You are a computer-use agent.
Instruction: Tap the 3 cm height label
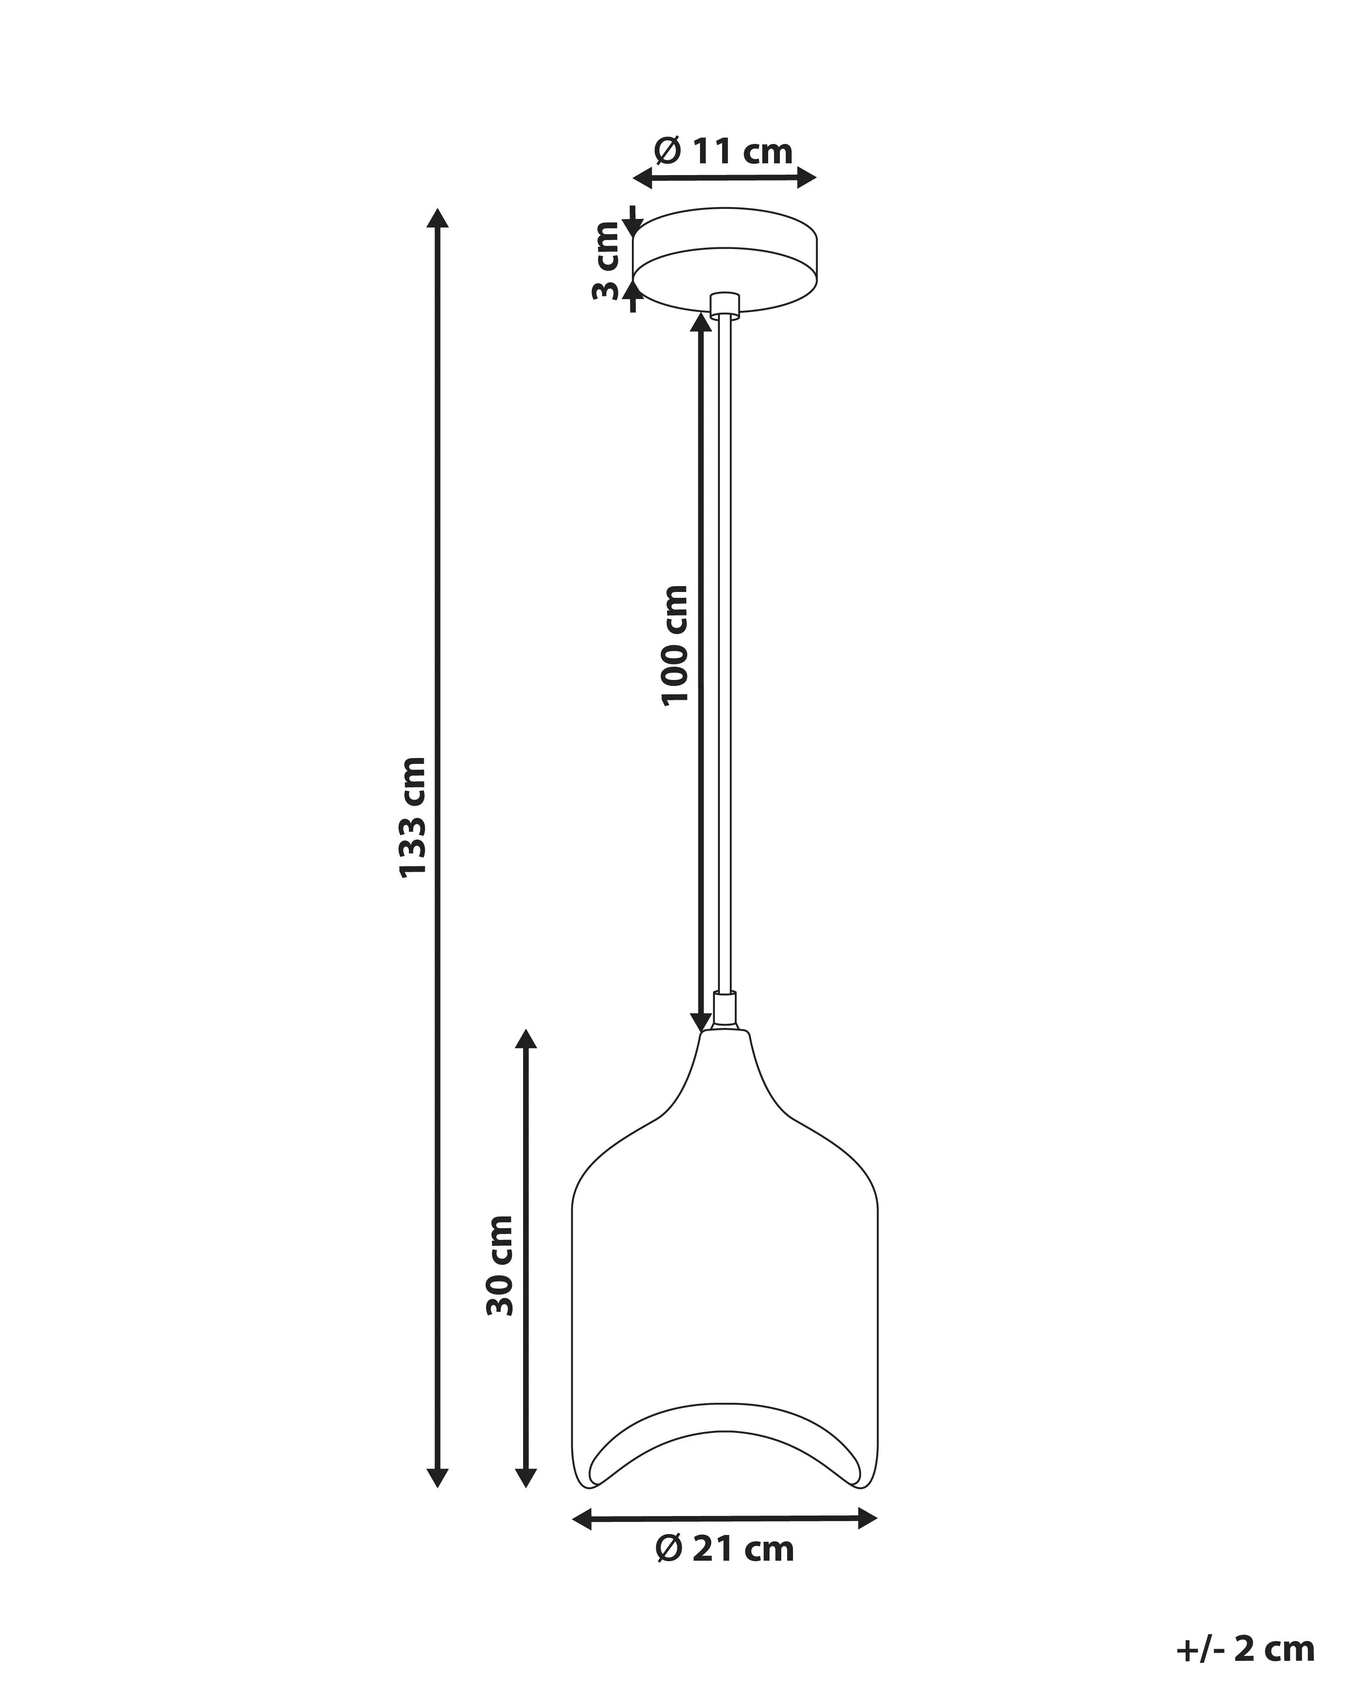606,261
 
